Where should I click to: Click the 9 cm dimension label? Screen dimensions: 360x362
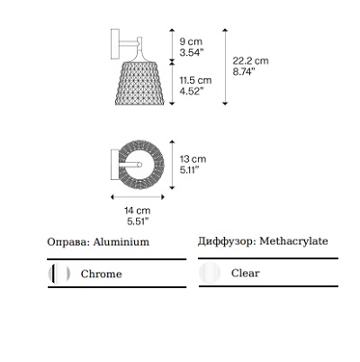[191, 41]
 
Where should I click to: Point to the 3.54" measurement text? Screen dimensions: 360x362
[192, 52]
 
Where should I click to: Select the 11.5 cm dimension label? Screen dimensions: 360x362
[195, 80]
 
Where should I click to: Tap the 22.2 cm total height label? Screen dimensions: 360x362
[250, 61]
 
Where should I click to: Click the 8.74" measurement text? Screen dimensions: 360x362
[244, 72]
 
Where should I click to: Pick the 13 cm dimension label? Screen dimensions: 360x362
[193, 159]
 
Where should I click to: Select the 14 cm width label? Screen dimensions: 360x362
[138, 211]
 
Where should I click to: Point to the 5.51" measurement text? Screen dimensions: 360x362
[138, 222]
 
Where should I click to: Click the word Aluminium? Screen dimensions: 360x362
[121, 242]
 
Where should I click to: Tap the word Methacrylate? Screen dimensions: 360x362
[293, 241]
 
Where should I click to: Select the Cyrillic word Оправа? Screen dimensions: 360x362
[68, 242]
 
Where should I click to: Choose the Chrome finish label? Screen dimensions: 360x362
[101, 274]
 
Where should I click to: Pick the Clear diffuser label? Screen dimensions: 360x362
[245, 273]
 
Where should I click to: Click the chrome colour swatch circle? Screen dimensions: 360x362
[59, 274]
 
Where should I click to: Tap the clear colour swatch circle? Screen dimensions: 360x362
[210, 273]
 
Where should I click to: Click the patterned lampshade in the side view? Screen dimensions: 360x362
[139, 83]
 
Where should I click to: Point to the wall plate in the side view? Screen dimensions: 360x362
[115, 44]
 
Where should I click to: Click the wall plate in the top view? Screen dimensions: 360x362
[114, 165]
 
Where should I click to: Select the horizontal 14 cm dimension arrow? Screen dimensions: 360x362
[138, 197]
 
